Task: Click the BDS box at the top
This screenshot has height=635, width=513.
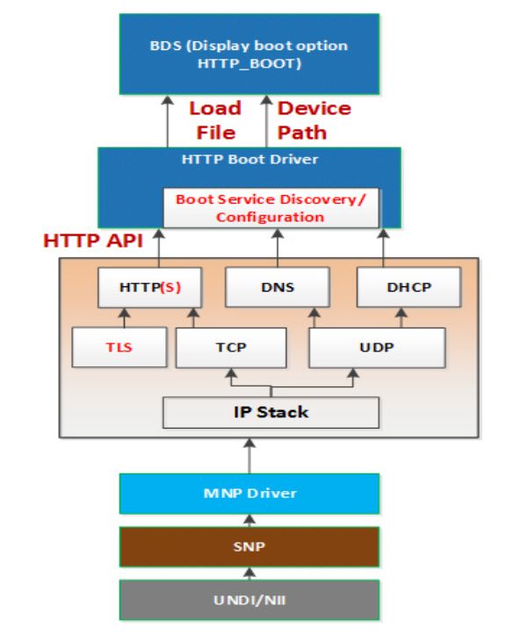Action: [x=249, y=54]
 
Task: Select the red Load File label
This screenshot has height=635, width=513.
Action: [x=215, y=120]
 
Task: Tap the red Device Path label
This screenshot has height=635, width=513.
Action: [x=314, y=120]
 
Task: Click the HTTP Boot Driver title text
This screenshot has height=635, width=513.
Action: [x=249, y=159]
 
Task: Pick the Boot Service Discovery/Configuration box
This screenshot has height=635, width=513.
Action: [x=271, y=208]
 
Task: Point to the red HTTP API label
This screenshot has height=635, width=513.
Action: [x=93, y=241]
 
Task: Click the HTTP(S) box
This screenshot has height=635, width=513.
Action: [x=150, y=287]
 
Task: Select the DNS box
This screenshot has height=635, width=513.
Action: [x=278, y=287]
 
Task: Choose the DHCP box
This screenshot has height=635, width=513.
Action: [x=409, y=287]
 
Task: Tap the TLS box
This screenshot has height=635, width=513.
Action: [x=119, y=348]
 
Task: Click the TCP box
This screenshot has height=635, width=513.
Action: [x=231, y=348]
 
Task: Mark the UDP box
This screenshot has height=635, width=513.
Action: [x=377, y=348]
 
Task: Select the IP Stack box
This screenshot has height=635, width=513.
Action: [x=271, y=412]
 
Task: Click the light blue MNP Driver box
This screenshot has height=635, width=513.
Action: [x=249, y=494]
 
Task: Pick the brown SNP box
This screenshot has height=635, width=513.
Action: [x=249, y=546]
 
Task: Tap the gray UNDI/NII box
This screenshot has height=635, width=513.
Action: [x=249, y=600]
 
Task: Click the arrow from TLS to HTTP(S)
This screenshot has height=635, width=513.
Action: [x=125, y=318]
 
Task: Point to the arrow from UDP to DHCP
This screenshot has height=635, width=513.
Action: [x=401, y=318]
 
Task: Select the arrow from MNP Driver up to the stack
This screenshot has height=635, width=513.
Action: [x=249, y=456]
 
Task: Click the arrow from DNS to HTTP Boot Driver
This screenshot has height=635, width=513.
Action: [x=278, y=248]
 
